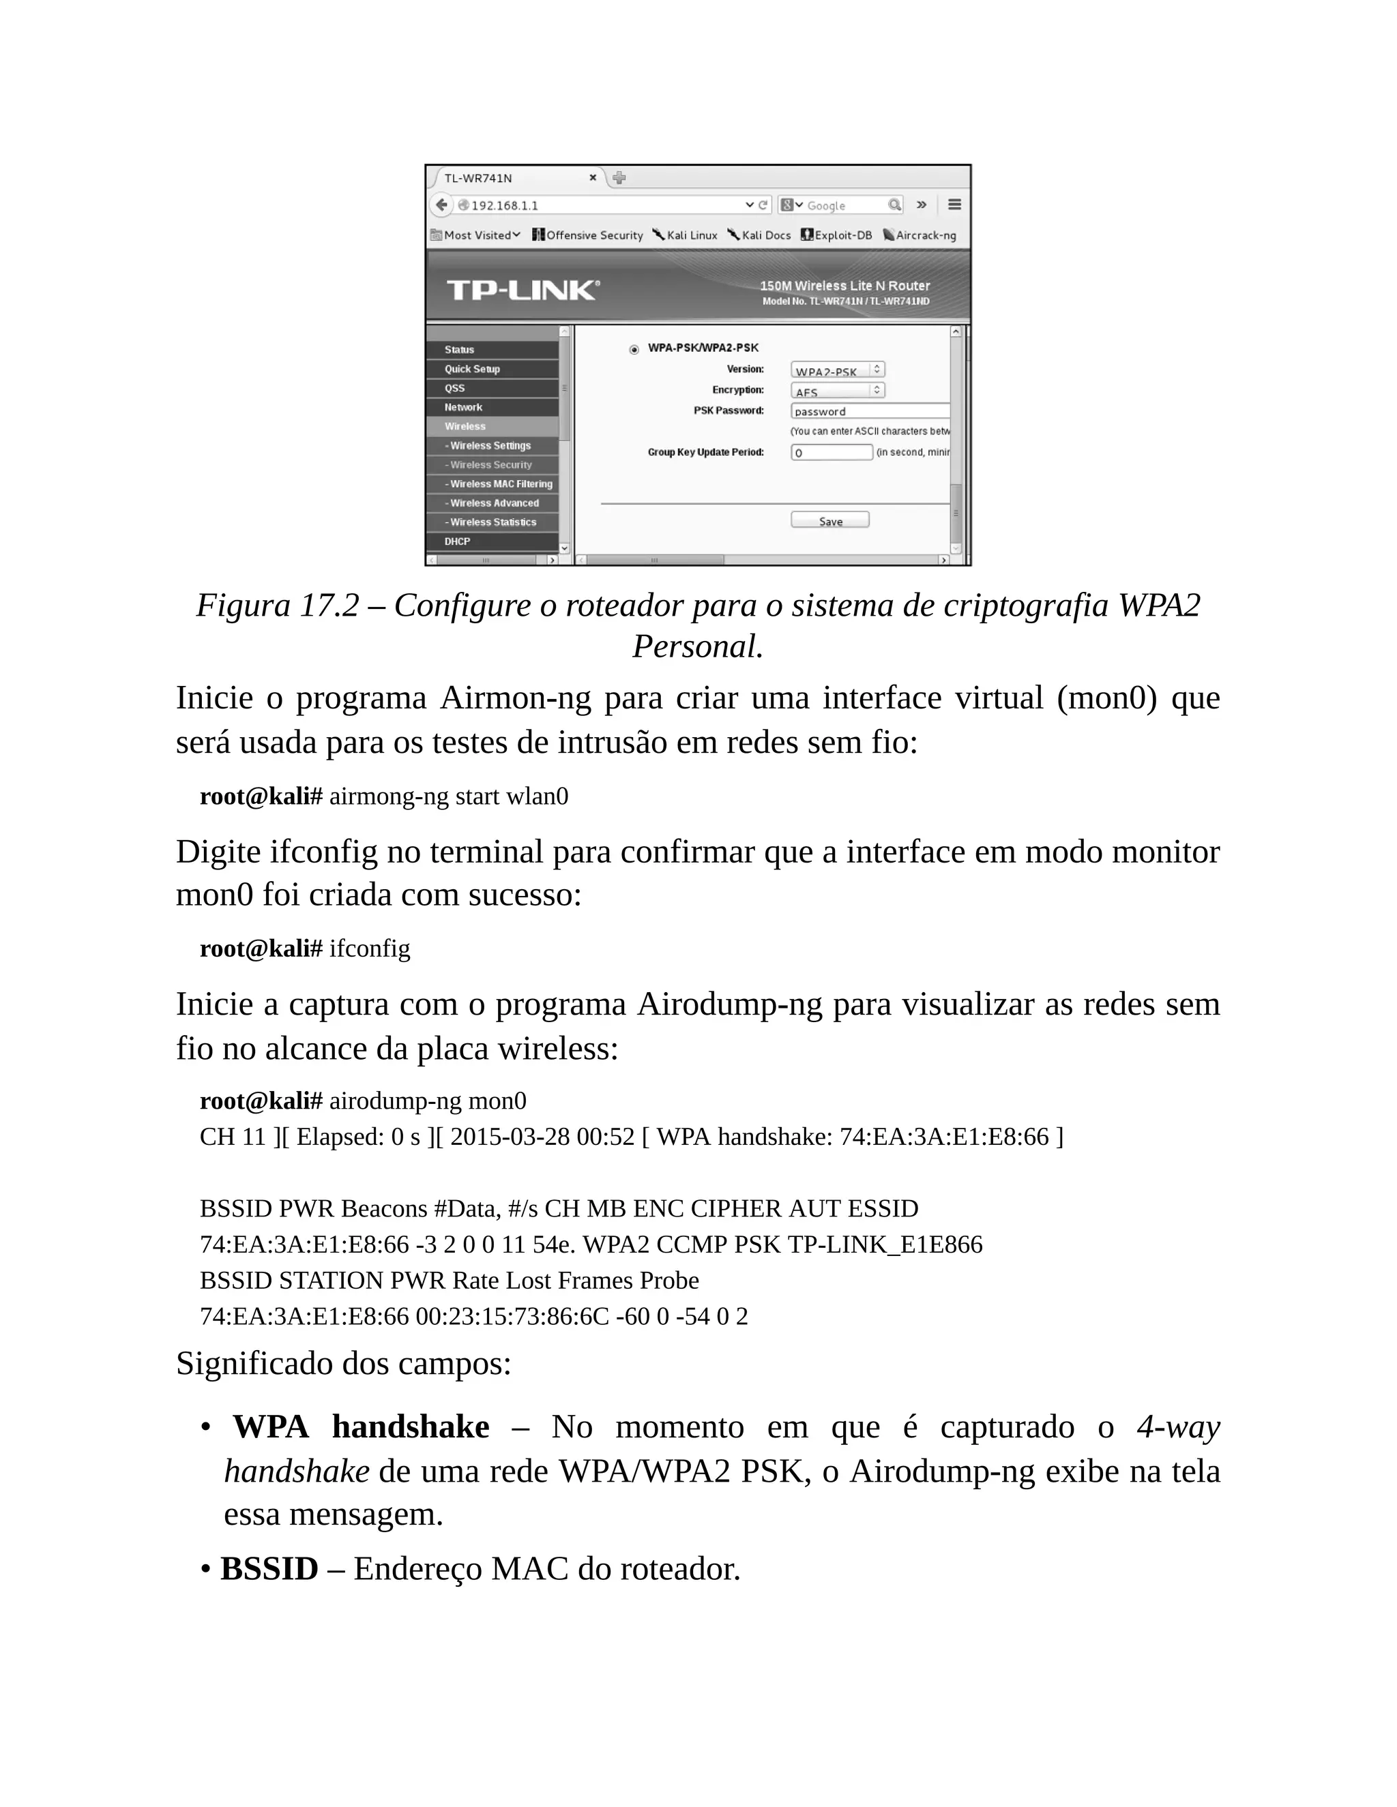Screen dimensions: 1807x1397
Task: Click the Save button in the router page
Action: (829, 520)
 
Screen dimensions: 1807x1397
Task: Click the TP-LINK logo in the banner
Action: (523, 290)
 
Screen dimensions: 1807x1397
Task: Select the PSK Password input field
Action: (869, 411)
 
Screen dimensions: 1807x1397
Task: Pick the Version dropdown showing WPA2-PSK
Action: (837, 370)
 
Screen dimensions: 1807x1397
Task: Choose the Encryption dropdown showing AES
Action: (837, 391)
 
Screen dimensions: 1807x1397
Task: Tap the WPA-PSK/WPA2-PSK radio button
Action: (634, 349)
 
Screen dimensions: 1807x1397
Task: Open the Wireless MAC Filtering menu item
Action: (500, 484)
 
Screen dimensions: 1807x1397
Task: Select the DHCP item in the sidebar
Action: (457, 541)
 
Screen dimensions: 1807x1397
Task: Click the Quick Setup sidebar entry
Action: (472, 369)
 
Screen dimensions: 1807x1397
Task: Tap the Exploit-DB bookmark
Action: (837, 235)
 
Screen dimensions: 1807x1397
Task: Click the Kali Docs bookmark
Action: (759, 235)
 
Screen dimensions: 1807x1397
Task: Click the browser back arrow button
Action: (442, 205)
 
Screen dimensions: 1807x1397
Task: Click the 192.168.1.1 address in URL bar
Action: (505, 205)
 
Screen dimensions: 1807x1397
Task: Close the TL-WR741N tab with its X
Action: (593, 178)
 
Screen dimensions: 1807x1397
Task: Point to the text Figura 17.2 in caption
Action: (276, 606)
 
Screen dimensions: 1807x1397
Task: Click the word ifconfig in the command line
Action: (369, 949)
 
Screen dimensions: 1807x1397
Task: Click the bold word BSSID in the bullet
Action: (269, 1569)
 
